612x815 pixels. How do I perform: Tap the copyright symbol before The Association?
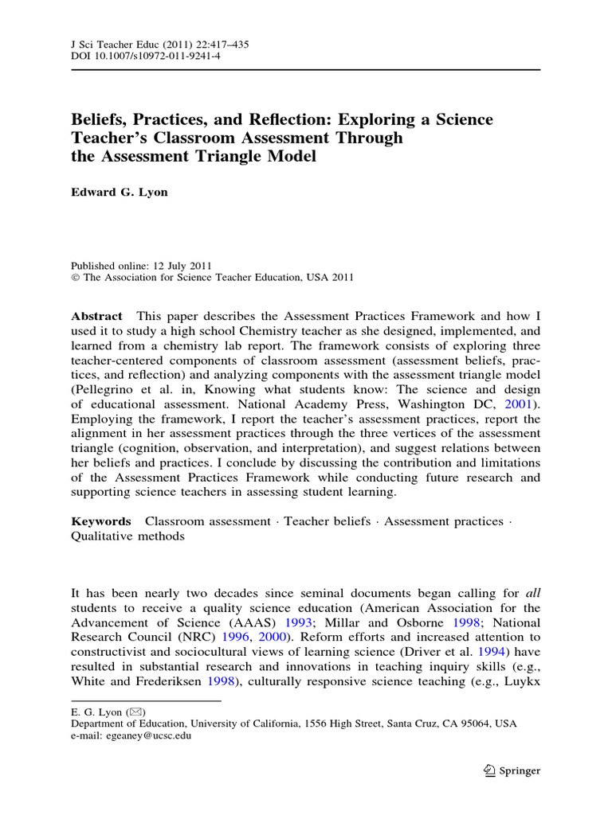click(x=76, y=278)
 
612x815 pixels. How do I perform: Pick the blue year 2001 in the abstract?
click(x=522, y=404)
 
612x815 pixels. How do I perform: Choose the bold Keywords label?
click(x=101, y=521)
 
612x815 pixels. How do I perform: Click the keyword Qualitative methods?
click(x=128, y=536)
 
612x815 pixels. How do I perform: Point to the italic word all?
click(x=533, y=592)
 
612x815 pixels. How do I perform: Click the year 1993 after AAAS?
click(x=299, y=622)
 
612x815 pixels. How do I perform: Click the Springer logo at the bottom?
click(x=512, y=770)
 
